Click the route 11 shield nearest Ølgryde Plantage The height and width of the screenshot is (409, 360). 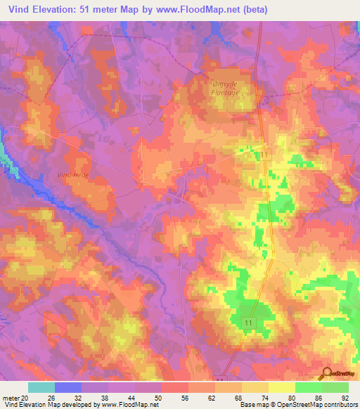click(265, 154)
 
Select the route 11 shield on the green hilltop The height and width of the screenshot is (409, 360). click(248, 321)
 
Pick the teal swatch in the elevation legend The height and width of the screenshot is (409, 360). click(41, 387)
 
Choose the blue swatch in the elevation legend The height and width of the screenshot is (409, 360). click(68, 387)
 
